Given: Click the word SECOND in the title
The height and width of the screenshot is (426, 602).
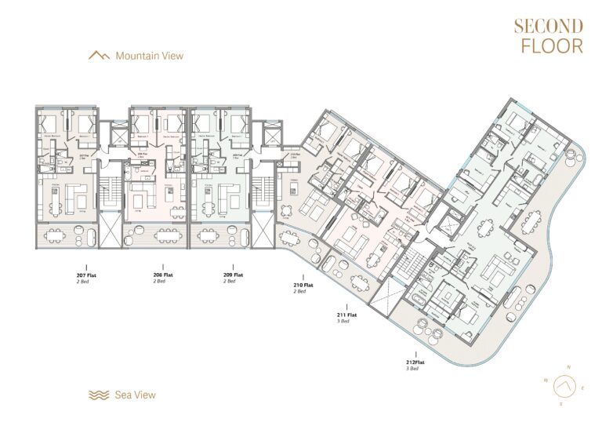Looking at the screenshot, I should pyautogui.click(x=548, y=26).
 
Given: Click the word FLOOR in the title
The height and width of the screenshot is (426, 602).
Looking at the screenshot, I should pyautogui.click(x=552, y=46).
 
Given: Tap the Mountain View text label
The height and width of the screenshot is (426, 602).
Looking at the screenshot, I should pyautogui.click(x=149, y=56).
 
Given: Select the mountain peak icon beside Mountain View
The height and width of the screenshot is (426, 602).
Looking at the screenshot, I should pyautogui.click(x=100, y=56).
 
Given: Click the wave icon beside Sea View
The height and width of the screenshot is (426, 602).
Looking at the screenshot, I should pyautogui.click(x=99, y=395).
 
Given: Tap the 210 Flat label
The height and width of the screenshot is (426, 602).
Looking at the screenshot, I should pyautogui.click(x=303, y=285).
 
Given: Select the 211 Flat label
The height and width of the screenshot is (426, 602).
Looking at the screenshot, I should pyautogui.click(x=346, y=315).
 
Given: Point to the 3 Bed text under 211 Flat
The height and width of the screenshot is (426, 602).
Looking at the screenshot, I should pyautogui.click(x=346, y=322).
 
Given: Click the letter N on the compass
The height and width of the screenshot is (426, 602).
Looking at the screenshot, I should pyautogui.click(x=570, y=367).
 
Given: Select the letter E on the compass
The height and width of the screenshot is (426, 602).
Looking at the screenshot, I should pyautogui.click(x=583, y=388).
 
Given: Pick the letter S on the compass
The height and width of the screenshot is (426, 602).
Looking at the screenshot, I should pyautogui.click(x=560, y=403).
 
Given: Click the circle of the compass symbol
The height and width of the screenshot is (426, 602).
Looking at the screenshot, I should pyautogui.click(x=564, y=386).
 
